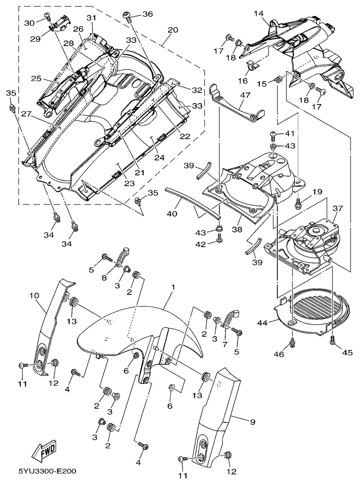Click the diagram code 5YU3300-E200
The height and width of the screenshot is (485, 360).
click(x=47, y=471)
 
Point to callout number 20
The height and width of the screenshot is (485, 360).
click(x=173, y=30)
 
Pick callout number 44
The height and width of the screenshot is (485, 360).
click(x=263, y=322)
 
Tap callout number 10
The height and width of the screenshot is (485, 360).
click(x=34, y=295)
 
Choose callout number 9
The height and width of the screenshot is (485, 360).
click(x=253, y=422)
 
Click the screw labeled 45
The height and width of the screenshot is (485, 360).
click(x=332, y=340)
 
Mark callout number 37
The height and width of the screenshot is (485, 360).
click(x=338, y=208)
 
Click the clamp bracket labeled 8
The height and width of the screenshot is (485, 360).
click(x=122, y=256)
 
